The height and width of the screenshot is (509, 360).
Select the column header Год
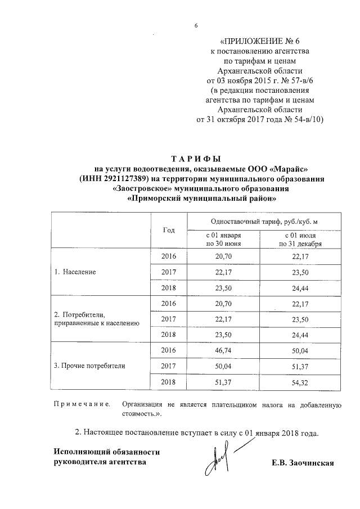(169, 229)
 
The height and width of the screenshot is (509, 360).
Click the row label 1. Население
(75, 272)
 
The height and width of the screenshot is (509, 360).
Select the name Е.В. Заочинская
(303, 463)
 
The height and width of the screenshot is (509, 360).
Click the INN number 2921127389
(123, 178)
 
